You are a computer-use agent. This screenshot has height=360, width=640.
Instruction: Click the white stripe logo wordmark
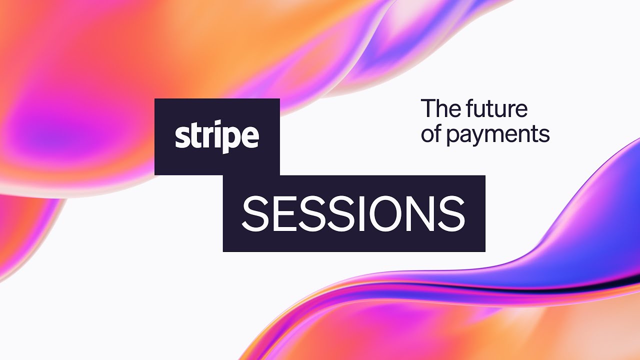pyautogui.click(x=217, y=136)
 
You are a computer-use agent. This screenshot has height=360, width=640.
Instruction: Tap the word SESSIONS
pyautogui.click(x=353, y=213)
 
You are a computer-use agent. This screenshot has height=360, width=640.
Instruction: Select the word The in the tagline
pyautogui.click(x=440, y=108)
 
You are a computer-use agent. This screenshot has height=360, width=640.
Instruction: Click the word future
pyautogui.click(x=496, y=108)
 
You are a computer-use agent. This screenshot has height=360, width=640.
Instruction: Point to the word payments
pyautogui.click(x=498, y=135)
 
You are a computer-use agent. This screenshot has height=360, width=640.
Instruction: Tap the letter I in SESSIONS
pyautogui.click(x=363, y=213)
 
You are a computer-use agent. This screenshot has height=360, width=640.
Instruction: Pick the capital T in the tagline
pyautogui.click(x=428, y=108)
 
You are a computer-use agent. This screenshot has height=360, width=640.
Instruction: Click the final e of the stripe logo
pyautogui.click(x=250, y=137)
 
